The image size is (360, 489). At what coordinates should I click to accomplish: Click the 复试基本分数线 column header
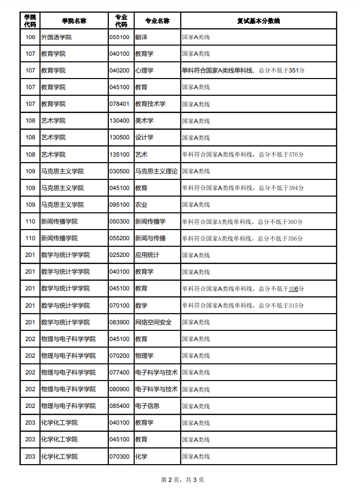pos(258,21)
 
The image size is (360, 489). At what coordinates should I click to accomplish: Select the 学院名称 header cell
pos(74,21)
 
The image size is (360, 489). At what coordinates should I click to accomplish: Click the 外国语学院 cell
pos(56,37)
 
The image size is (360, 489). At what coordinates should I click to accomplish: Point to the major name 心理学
pos(144,70)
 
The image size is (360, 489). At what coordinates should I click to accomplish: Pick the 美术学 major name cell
pos(144,121)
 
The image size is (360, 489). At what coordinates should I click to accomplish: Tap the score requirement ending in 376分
pos(243,155)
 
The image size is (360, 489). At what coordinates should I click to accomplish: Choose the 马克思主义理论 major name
pos(156,171)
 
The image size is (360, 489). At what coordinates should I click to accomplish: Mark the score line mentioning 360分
pos(243,221)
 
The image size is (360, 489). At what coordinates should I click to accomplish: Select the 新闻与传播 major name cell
pos(150,238)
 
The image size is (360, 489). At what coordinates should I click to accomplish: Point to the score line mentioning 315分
pos(243,306)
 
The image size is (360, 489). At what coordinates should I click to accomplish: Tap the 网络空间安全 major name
pos(153,322)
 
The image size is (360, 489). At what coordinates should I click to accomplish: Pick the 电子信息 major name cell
pos(147,406)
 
